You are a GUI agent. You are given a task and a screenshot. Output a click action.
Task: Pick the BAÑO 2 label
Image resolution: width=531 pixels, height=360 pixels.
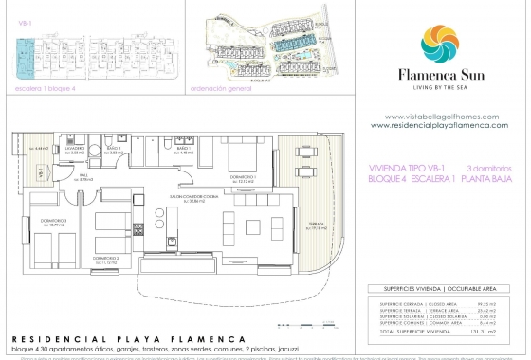tap(113, 149)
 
